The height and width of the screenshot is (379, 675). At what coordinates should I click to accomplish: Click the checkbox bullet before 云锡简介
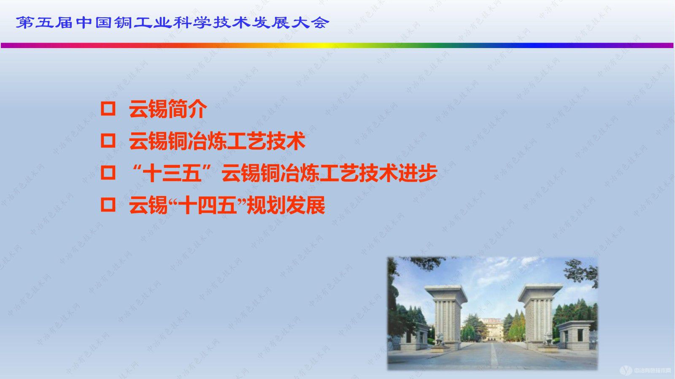point(108,109)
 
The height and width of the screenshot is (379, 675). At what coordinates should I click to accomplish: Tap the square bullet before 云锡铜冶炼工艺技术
point(108,141)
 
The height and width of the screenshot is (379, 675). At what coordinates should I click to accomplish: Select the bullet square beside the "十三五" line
point(108,173)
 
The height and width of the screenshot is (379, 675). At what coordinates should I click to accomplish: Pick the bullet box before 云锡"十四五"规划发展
point(108,205)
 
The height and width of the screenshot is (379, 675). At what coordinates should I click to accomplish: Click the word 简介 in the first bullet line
point(187,109)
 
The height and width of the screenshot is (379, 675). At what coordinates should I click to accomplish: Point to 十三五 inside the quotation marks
point(172,173)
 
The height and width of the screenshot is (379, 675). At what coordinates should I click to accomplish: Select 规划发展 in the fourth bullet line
point(286,205)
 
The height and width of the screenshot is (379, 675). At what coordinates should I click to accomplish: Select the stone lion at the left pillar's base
point(439,339)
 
